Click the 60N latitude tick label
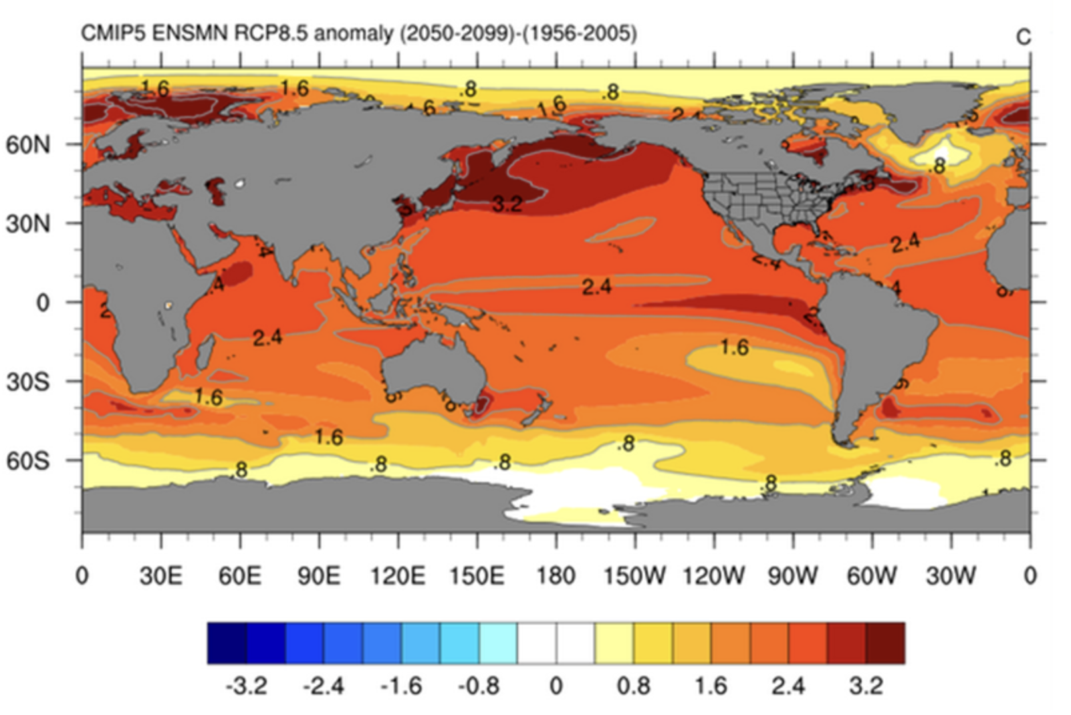click(27, 145)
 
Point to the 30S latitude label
click(27, 382)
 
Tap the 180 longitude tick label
click(556, 575)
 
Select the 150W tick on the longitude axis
click(634, 575)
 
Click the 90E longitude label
click(319, 575)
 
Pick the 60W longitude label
click(872, 575)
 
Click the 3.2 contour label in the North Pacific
click(507, 203)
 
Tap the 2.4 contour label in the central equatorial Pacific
click(596, 287)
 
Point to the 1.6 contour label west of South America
click(734, 347)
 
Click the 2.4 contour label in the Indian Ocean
click(267, 337)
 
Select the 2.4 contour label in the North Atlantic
click(905, 243)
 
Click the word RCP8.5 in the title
click(271, 33)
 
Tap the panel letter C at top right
click(1023, 37)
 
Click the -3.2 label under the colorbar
click(247, 686)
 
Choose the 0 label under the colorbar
click(556, 686)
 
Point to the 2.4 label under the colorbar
click(788, 686)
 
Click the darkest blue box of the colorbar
click(227, 643)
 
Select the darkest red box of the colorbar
click(885, 643)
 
